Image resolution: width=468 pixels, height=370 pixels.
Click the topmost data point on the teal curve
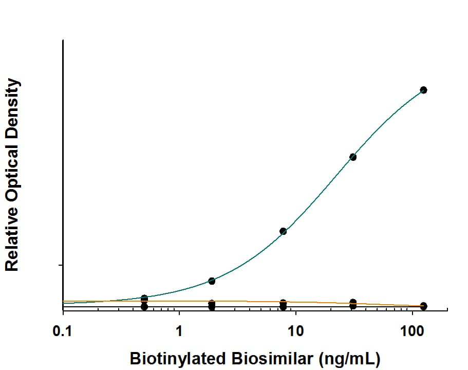(x=423, y=90)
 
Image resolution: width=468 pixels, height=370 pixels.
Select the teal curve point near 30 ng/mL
(x=353, y=157)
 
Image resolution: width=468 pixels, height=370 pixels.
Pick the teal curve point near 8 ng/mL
(x=283, y=231)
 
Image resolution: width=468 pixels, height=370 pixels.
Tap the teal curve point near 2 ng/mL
(x=212, y=281)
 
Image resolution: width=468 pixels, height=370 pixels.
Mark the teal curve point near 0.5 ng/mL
(x=144, y=298)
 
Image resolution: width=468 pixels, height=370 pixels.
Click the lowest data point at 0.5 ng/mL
(x=144, y=307)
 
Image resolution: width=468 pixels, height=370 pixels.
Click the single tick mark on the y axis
(x=61, y=265)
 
